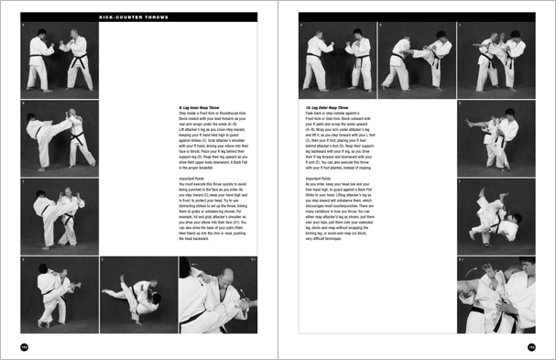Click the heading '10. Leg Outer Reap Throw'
coord(329,107)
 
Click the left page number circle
coord(25,347)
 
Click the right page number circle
coord(531,347)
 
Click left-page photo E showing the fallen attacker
coord(137,295)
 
